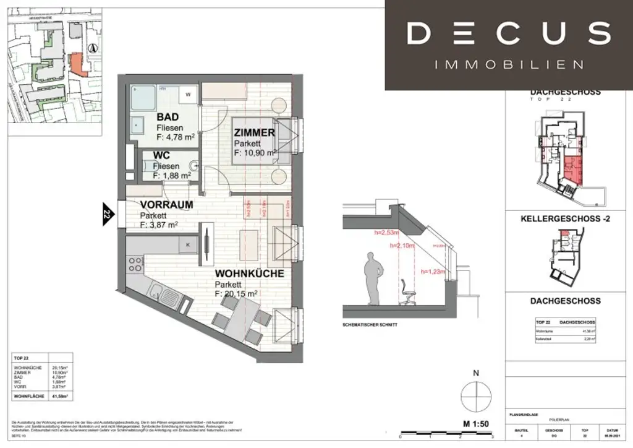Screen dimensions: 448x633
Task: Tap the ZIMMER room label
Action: pos(254,132)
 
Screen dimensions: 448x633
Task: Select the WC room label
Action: pos(162,157)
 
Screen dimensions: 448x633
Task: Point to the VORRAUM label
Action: pos(166,205)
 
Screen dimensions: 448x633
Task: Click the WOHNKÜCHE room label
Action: pos(249,273)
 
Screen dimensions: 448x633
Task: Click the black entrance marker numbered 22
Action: pos(106,215)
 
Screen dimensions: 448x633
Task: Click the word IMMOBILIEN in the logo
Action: pos(509,64)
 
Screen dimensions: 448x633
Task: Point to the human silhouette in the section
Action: pos(372,278)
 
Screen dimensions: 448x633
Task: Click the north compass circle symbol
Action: pos(476,395)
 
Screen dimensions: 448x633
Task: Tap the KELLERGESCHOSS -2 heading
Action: pos(565,218)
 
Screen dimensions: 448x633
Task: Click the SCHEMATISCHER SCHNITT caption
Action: pos(370,325)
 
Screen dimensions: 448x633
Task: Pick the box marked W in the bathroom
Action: pos(188,95)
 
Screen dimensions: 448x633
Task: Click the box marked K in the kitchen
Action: pos(187,244)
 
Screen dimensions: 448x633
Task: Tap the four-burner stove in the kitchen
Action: pos(134,267)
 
